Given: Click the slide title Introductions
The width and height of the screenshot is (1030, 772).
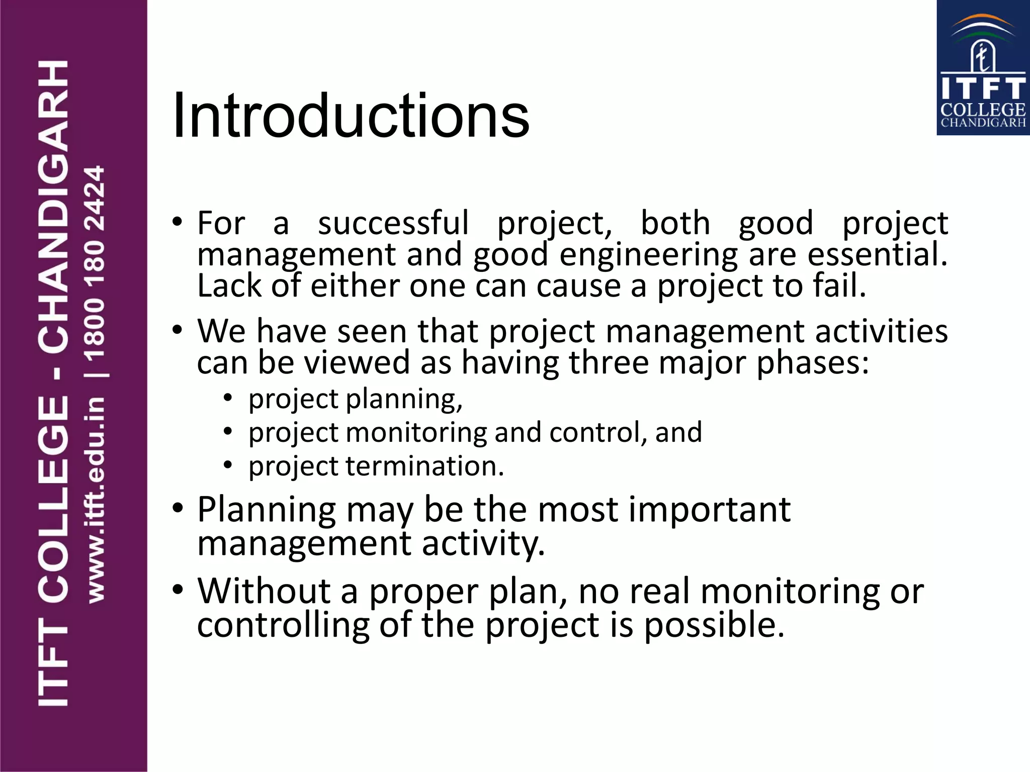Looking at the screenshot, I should click(351, 116).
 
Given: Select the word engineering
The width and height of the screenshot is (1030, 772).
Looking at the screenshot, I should click(648, 255).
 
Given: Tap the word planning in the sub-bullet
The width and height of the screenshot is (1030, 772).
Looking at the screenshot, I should click(404, 400).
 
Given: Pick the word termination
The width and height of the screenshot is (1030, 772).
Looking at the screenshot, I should click(424, 466).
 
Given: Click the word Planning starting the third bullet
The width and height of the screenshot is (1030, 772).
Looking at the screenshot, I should click(267, 511).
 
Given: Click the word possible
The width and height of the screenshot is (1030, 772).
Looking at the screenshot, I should click(714, 626).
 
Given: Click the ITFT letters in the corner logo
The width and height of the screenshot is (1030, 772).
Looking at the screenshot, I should click(983, 88).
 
